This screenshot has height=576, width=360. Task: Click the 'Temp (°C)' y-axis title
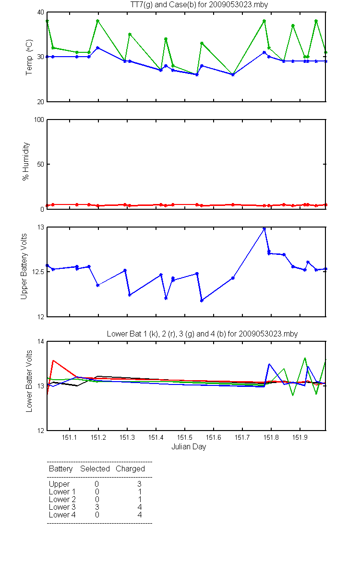click(x=29, y=57)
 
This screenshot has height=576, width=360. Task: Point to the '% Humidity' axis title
click(x=26, y=161)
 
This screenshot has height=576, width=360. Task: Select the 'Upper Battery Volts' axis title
click(x=24, y=266)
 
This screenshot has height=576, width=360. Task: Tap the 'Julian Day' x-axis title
click(x=189, y=447)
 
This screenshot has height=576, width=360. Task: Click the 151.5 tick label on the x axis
click(x=185, y=437)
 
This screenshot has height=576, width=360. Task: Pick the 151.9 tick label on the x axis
click(x=300, y=437)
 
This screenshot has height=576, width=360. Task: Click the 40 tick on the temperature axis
click(x=41, y=12)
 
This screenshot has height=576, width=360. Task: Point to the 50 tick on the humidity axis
click(x=41, y=164)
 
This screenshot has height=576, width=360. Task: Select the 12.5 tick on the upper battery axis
click(x=38, y=272)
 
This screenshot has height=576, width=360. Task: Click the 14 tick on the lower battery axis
click(x=41, y=341)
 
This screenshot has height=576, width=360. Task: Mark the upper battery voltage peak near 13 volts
click(x=264, y=228)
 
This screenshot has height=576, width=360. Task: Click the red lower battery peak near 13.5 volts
click(x=53, y=361)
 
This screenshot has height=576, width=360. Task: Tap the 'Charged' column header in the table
click(x=130, y=469)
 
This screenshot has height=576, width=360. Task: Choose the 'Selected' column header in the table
click(x=95, y=468)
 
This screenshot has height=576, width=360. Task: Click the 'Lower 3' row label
click(x=62, y=507)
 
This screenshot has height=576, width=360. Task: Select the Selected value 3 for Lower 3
click(x=97, y=507)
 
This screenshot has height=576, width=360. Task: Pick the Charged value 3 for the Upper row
click(x=139, y=484)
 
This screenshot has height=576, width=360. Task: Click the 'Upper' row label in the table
click(x=59, y=484)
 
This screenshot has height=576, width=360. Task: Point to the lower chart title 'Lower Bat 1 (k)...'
click(x=202, y=334)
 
